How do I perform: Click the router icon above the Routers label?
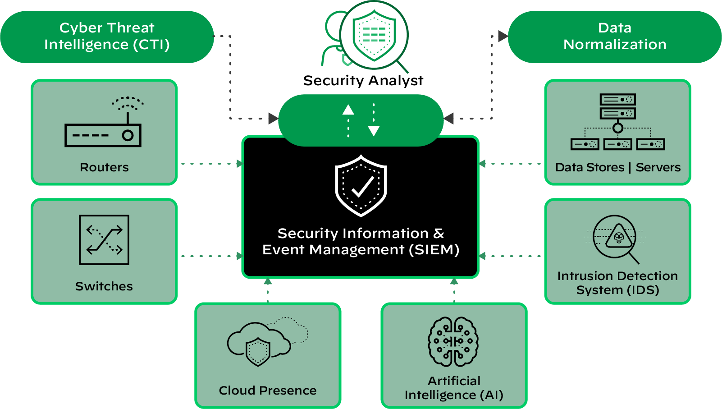pyautogui.click(x=103, y=129)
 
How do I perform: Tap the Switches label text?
pyautogui.click(x=104, y=286)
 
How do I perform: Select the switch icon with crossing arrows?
pyautogui.click(x=104, y=239)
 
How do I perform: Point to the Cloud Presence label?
pyautogui.click(x=268, y=391)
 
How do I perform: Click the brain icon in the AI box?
pyautogui.click(x=453, y=341)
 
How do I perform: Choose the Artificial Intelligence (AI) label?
pyautogui.click(x=454, y=388)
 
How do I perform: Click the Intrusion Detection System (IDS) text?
pyautogui.click(x=617, y=283)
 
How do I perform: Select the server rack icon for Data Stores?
pyautogui.click(x=617, y=122)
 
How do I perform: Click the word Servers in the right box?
pyautogui.click(x=658, y=167)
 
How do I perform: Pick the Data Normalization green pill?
pyautogui.click(x=615, y=37)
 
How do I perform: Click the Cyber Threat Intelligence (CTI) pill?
pyautogui.click(x=107, y=37)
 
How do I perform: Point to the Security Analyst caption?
pyautogui.click(x=363, y=81)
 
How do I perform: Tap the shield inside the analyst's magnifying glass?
pyautogui.click(x=374, y=35)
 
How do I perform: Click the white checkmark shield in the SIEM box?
pyautogui.click(x=361, y=186)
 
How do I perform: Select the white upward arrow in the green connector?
pyautogui.click(x=348, y=110)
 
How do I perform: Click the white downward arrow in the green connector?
pyautogui.click(x=374, y=131)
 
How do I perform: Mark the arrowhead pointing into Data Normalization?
pyautogui.click(x=503, y=36)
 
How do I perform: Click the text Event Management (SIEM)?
pyautogui.click(x=361, y=250)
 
